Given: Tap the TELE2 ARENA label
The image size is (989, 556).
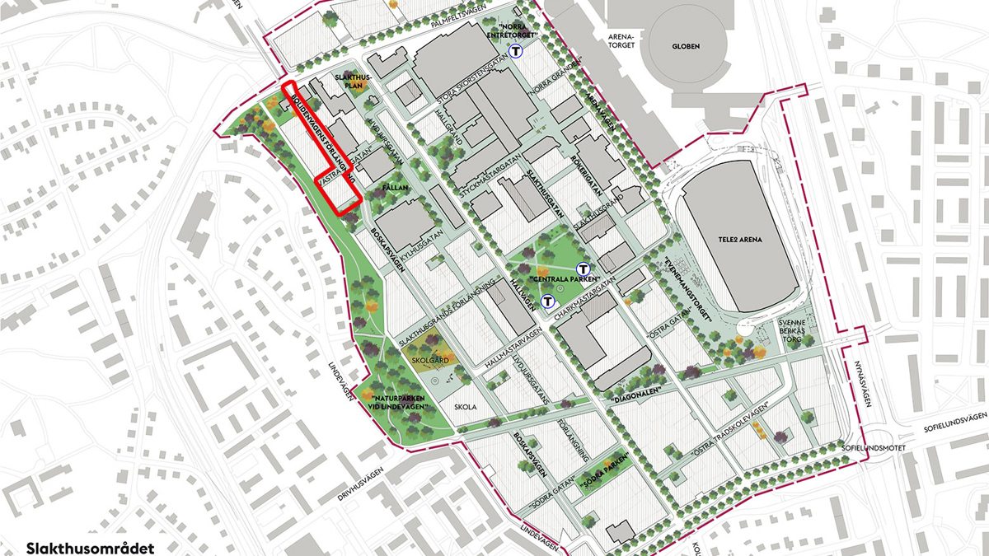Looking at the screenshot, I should click(x=741, y=240).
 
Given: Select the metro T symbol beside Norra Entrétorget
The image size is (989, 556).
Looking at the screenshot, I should click(x=516, y=52).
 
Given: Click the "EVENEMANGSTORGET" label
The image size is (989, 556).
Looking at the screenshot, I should click(x=691, y=275).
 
